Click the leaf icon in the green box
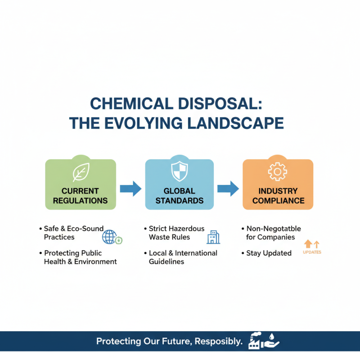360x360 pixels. point(81,172)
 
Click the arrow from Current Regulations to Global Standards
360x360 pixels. point(130,188)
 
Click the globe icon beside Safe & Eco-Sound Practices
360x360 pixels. point(109,237)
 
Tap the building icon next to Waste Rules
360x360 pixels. point(213,237)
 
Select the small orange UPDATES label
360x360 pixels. point(312,252)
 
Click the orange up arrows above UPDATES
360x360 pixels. point(311,244)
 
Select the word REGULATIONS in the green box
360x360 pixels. point(80,201)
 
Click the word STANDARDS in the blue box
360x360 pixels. point(180,201)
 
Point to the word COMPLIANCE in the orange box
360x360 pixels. point(279,201)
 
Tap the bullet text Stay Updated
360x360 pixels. point(269,253)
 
